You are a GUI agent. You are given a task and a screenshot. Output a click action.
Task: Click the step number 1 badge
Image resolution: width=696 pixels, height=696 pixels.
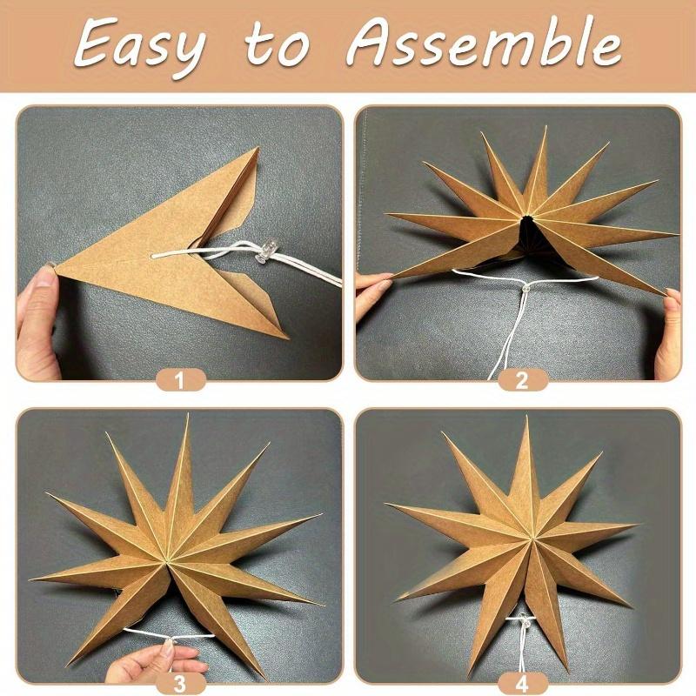[x=179, y=379]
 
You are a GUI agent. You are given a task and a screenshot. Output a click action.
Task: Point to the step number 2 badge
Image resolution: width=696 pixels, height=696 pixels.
[x=521, y=379]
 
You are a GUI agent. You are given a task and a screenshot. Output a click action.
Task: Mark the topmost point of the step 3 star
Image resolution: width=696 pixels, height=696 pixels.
[x=187, y=417]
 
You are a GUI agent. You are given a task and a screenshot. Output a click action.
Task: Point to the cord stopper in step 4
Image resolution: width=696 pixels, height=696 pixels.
[x=523, y=621]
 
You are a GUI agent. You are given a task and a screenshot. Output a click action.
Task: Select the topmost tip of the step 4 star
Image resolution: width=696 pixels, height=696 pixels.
[x=525, y=418]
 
